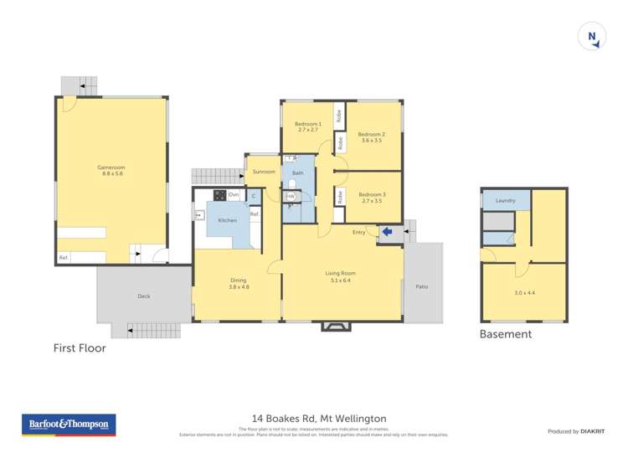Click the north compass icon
click(x=592, y=36)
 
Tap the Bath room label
click(x=297, y=173)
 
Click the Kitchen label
click(x=227, y=220)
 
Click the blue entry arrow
click(x=387, y=232)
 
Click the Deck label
click(x=143, y=296)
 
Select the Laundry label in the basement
click(x=505, y=201)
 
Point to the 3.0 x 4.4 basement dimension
click(x=524, y=292)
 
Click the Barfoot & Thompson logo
click(x=69, y=425)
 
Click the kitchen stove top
click(x=219, y=195)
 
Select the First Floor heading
click(x=80, y=347)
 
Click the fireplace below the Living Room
click(x=333, y=326)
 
